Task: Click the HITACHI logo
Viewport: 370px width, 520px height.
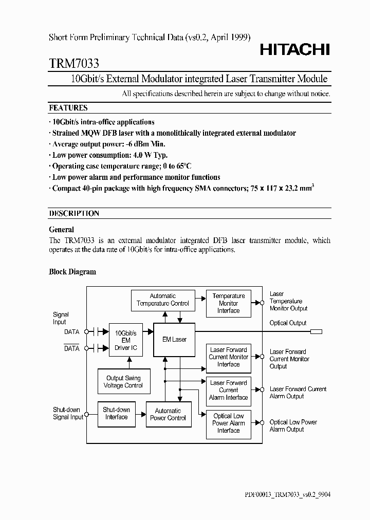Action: (x=294, y=49)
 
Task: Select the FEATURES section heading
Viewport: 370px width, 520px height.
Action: (x=68, y=108)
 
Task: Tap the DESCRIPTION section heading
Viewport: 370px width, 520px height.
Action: (x=74, y=213)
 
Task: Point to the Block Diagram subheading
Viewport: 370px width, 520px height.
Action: (x=72, y=272)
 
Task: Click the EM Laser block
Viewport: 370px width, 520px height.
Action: (x=175, y=340)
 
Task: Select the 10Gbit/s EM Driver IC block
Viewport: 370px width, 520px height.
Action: (x=126, y=341)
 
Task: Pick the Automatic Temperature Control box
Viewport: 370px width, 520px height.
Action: (x=162, y=300)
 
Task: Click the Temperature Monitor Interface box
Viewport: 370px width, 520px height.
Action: (x=228, y=303)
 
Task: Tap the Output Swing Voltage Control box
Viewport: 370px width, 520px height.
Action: (x=123, y=382)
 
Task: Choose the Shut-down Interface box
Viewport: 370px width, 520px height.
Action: (x=116, y=414)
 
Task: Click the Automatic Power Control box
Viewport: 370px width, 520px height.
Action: (x=168, y=414)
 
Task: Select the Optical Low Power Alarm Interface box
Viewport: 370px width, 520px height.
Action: (x=228, y=423)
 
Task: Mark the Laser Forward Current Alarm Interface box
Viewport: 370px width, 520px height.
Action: (x=228, y=390)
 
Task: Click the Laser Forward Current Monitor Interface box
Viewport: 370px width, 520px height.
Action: (x=228, y=357)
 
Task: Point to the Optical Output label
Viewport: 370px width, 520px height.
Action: (x=288, y=323)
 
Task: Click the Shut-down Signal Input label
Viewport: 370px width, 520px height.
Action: (x=68, y=414)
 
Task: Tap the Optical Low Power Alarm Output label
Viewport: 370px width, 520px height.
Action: (x=293, y=425)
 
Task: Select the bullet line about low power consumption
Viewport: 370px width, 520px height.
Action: (x=110, y=155)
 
